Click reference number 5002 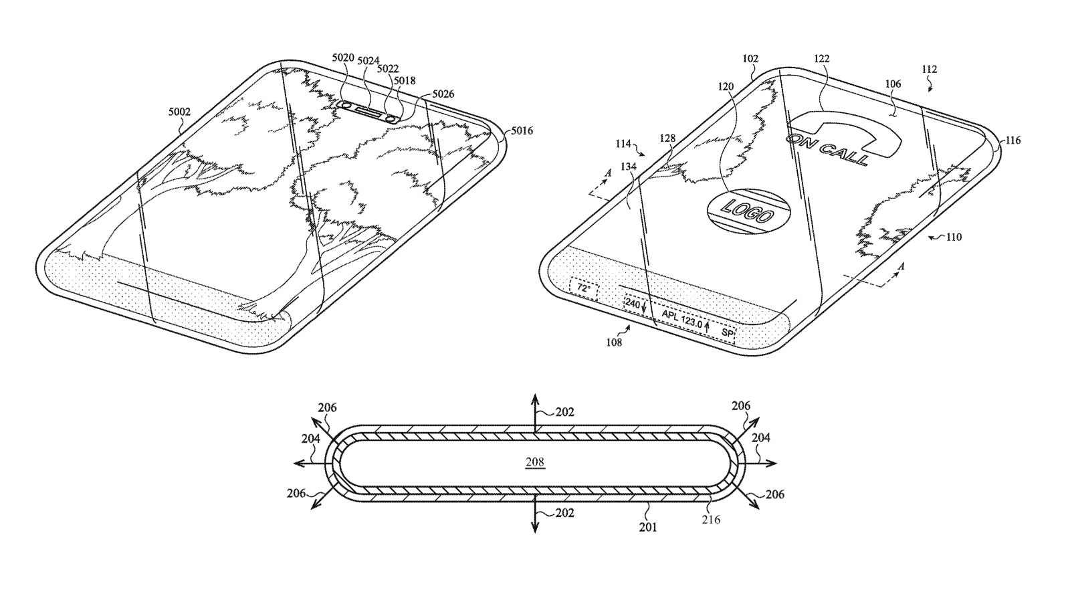(x=179, y=112)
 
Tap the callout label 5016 (x=522, y=131)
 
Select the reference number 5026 (x=443, y=95)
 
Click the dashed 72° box (x=584, y=288)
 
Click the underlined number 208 (x=534, y=462)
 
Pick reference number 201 (x=647, y=527)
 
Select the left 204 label (x=310, y=439)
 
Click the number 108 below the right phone (x=613, y=342)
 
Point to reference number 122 (x=821, y=59)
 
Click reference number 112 (x=928, y=69)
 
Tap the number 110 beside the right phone (x=953, y=237)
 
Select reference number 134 (x=628, y=167)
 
